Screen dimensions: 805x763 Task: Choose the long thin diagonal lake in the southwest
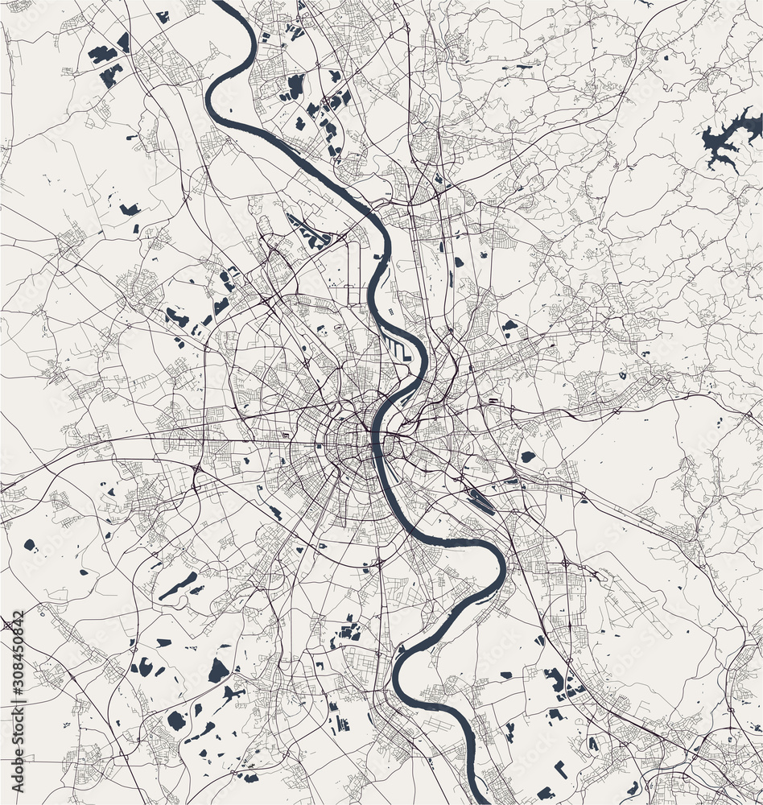178,585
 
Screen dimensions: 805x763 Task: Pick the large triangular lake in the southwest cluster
218,670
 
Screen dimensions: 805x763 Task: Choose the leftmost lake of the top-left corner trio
101,55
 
